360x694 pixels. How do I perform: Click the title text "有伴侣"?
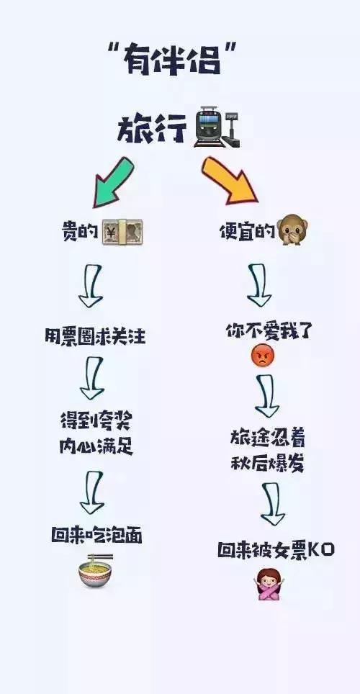pos(171,59)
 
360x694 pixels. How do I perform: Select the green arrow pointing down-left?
pos(112,182)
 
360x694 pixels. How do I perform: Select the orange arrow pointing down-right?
pos(230,181)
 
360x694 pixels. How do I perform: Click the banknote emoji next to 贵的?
pos(122,231)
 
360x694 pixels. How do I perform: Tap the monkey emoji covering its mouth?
pos(293,229)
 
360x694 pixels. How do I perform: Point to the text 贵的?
pos(80,231)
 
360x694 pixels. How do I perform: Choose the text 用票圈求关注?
pos(95,336)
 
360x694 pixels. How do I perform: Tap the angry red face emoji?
pos(263,356)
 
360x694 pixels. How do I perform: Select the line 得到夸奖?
pos(96,421)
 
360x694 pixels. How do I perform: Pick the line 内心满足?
pos(96,446)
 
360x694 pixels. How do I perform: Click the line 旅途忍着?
pos(267,438)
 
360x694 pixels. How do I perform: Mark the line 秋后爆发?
pos(267,463)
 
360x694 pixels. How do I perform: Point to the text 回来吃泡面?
pos(96,536)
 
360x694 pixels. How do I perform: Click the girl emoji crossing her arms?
pos(269,584)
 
